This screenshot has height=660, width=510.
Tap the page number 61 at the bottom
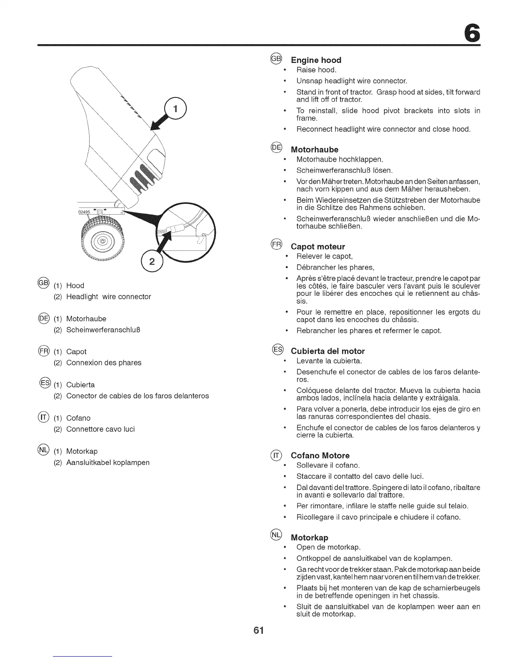pyautogui.click(x=258, y=630)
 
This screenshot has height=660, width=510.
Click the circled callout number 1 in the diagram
pyautogui.click(x=175, y=109)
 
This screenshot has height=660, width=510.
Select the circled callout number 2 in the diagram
pyautogui.click(x=152, y=262)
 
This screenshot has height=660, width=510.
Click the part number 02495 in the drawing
pyautogui.click(x=85, y=212)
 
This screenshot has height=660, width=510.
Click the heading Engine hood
pyautogui.click(x=316, y=60)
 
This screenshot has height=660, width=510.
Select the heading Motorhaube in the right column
pyautogui.click(x=315, y=150)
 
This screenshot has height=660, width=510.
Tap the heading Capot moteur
pyautogui.click(x=318, y=247)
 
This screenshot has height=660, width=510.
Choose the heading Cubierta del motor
pyautogui.click(x=327, y=351)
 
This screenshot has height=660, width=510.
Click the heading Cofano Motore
pyautogui.click(x=320, y=455)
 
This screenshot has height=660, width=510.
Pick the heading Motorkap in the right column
pyautogui.click(x=310, y=537)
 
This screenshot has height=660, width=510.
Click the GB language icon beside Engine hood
pyautogui.click(x=276, y=58)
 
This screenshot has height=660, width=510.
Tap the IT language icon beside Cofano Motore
pyautogui.click(x=276, y=455)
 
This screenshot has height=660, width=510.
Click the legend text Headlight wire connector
pyautogui.click(x=108, y=297)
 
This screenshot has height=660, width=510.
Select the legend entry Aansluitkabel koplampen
pyautogui.click(x=107, y=462)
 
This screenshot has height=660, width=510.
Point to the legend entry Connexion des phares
pyautogui.click(x=104, y=363)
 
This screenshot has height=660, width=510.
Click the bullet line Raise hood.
pyautogui.click(x=316, y=70)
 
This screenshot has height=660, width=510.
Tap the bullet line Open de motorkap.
pyautogui.click(x=328, y=547)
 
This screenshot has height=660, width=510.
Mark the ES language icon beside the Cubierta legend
pyautogui.click(x=45, y=382)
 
